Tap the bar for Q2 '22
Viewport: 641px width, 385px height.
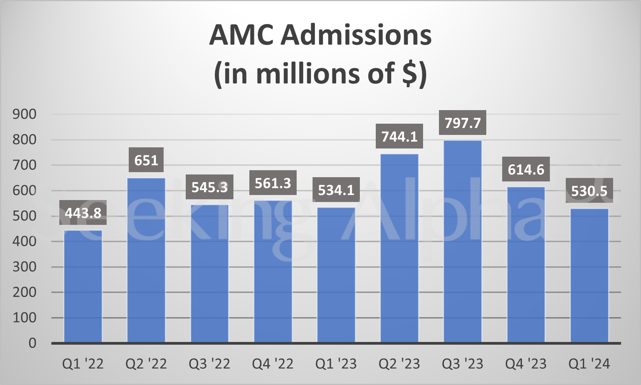(x=146, y=260)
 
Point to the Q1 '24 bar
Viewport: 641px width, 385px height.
(x=589, y=275)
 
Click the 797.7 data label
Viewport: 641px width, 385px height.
(x=463, y=123)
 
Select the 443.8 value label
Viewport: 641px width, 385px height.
(x=83, y=213)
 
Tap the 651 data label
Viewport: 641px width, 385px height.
(x=146, y=160)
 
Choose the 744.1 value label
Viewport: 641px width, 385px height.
(x=399, y=136)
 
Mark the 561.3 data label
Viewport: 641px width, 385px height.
(x=273, y=183)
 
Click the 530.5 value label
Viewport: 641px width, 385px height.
(x=589, y=191)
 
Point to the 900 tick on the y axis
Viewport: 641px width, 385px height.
(x=24, y=114)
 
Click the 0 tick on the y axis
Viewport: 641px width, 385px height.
(x=33, y=343)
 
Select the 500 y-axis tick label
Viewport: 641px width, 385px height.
(x=24, y=216)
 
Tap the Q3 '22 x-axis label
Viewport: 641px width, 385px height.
(x=209, y=364)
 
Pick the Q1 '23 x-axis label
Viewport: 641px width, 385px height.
(x=336, y=364)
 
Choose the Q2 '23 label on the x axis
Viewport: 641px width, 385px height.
(x=399, y=364)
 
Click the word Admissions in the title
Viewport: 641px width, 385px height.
(x=356, y=36)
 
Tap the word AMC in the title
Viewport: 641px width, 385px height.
(x=241, y=36)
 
